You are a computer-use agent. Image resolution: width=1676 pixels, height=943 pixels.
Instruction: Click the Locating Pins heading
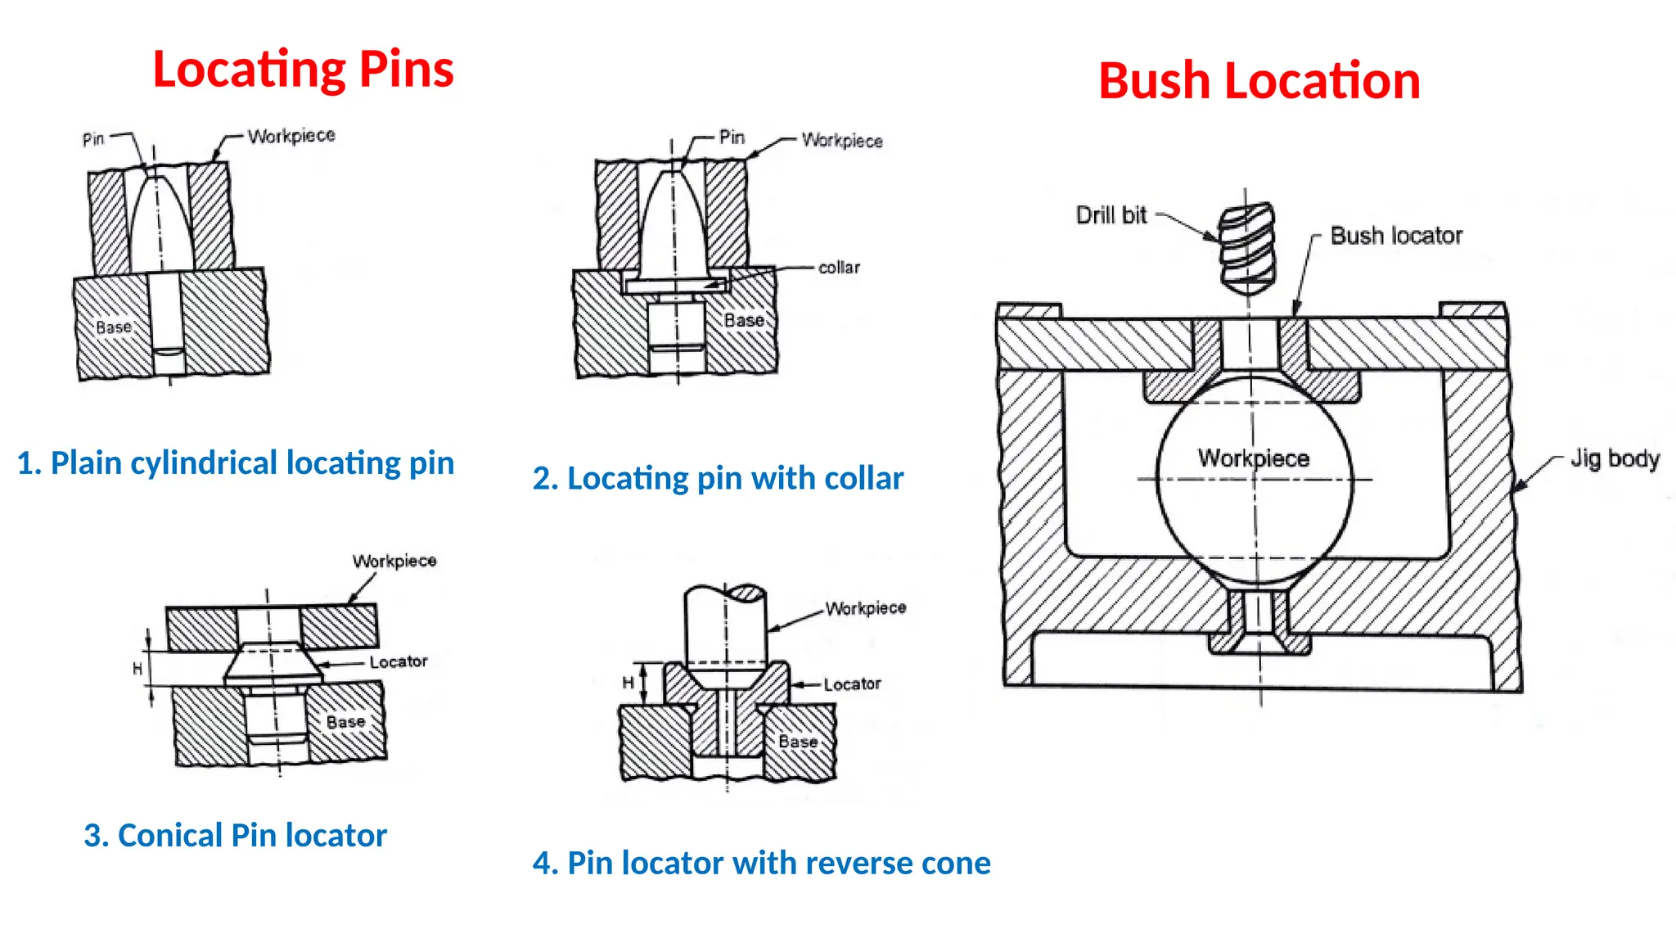[303, 69]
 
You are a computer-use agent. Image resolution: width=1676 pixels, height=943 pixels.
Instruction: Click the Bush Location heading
[1259, 81]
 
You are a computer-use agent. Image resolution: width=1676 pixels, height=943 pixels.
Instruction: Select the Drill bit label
[1111, 215]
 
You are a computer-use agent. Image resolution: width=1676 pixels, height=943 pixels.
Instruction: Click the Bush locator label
[1395, 236]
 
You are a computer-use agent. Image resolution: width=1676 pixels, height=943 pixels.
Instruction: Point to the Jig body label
[1614, 458]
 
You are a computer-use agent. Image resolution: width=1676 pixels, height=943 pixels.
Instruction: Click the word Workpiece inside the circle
[1253, 458]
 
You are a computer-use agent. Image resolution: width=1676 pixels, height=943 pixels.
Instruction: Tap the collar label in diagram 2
[839, 268]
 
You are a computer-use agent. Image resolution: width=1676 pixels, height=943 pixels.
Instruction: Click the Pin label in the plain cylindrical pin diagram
[93, 139]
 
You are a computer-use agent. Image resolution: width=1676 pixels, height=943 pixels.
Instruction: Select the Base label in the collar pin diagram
[744, 321]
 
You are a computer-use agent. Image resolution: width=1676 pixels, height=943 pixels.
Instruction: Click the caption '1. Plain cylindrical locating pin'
[236, 463]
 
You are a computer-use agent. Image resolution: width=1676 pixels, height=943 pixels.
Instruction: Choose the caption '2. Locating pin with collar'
[718, 478]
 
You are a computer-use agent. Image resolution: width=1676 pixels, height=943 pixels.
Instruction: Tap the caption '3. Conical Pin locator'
[235, 836]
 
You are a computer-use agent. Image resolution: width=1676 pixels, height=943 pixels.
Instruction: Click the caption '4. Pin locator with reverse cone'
[761, 863]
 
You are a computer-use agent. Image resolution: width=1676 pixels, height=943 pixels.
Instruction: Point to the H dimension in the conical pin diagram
[137, 669]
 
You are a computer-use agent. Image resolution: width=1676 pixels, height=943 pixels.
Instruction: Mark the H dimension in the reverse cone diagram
[628, 683]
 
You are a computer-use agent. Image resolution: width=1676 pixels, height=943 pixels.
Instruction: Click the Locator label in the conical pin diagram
[398, 661]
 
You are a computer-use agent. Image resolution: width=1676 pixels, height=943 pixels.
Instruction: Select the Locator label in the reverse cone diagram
[852, 684]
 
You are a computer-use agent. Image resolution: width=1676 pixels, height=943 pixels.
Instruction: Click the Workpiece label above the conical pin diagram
[394, 562]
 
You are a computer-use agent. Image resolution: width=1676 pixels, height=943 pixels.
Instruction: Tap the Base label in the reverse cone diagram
[798, 742]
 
